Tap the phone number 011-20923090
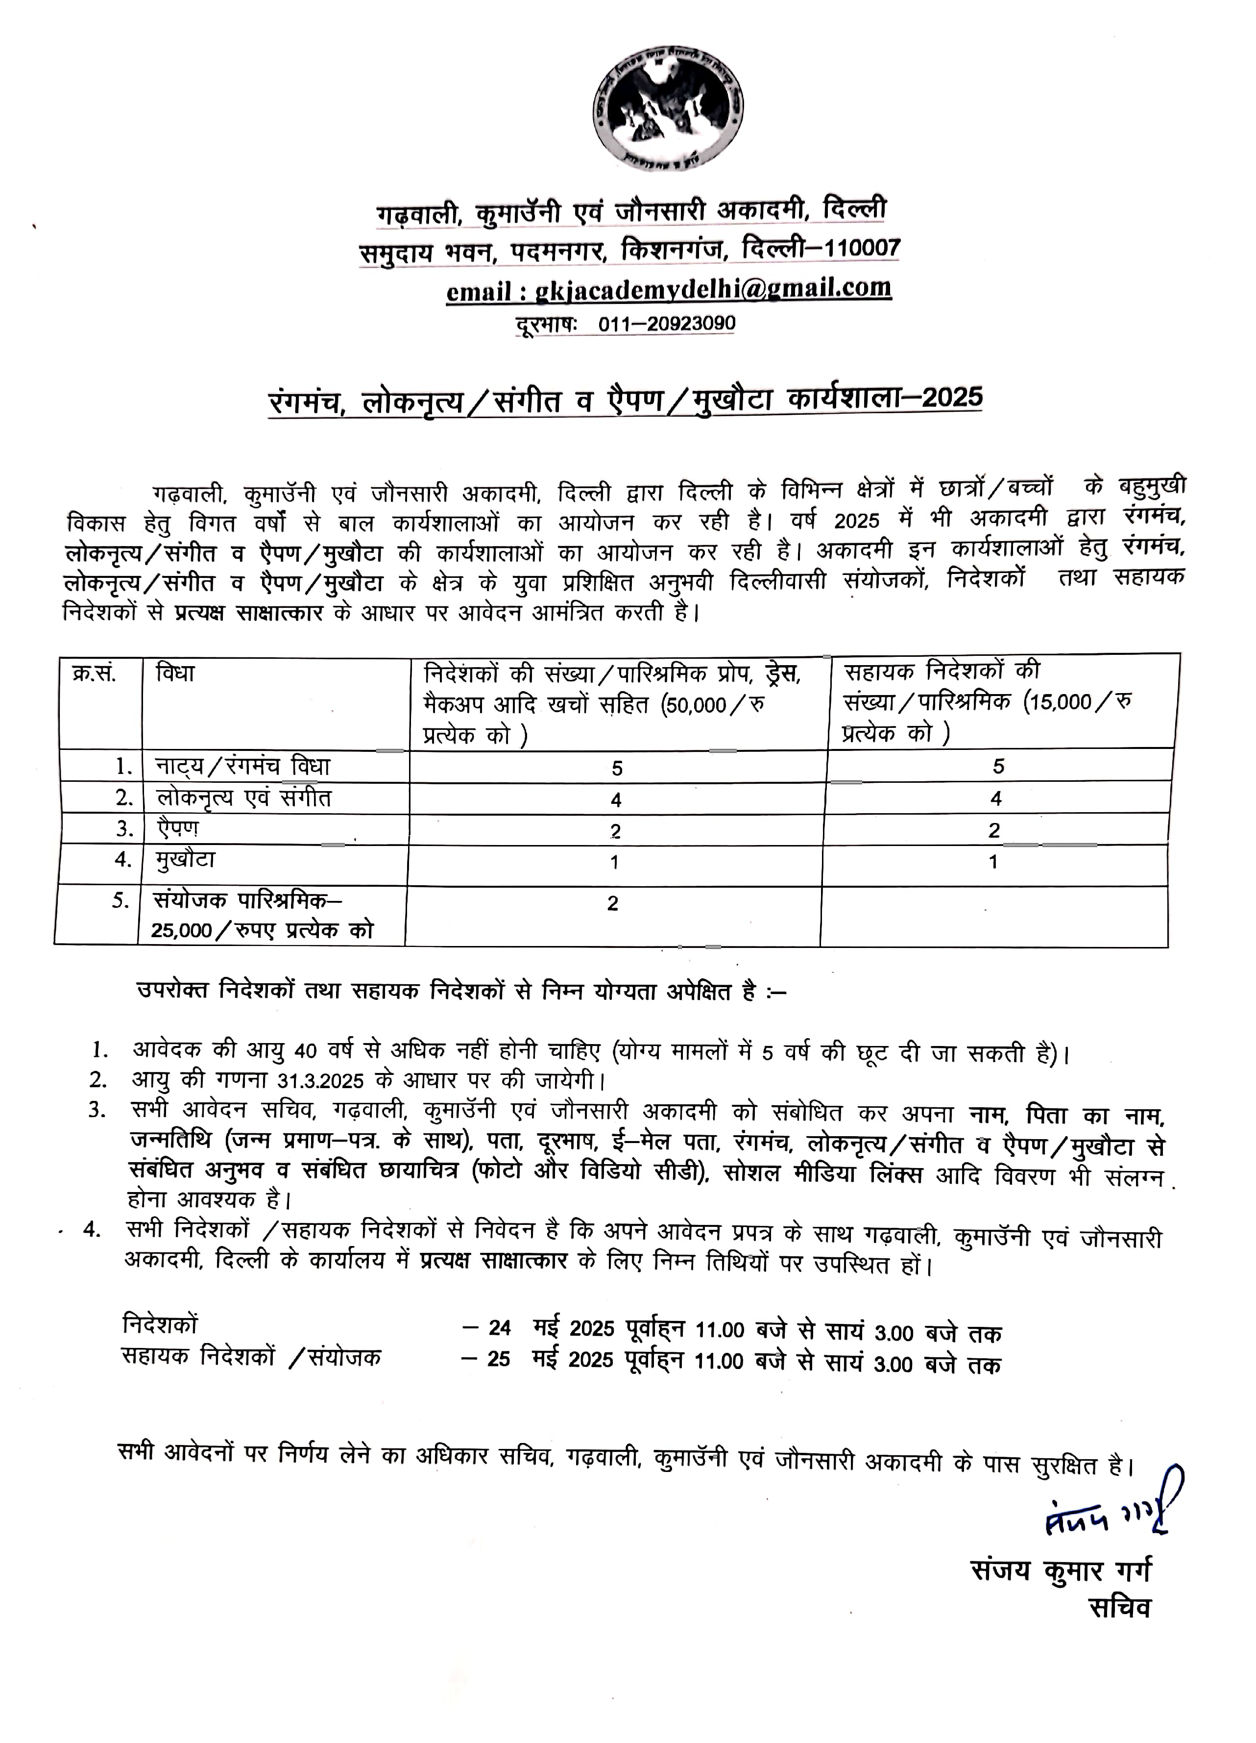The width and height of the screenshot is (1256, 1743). (x=666, y=324)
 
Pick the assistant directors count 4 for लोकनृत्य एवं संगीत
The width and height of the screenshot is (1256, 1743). (x=995, y=798)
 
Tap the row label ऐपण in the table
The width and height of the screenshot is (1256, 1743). (x=178, y=828)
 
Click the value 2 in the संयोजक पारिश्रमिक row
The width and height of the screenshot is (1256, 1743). (x=612, y=903)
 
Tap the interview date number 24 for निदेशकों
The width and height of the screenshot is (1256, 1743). (x=499, y=1328)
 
